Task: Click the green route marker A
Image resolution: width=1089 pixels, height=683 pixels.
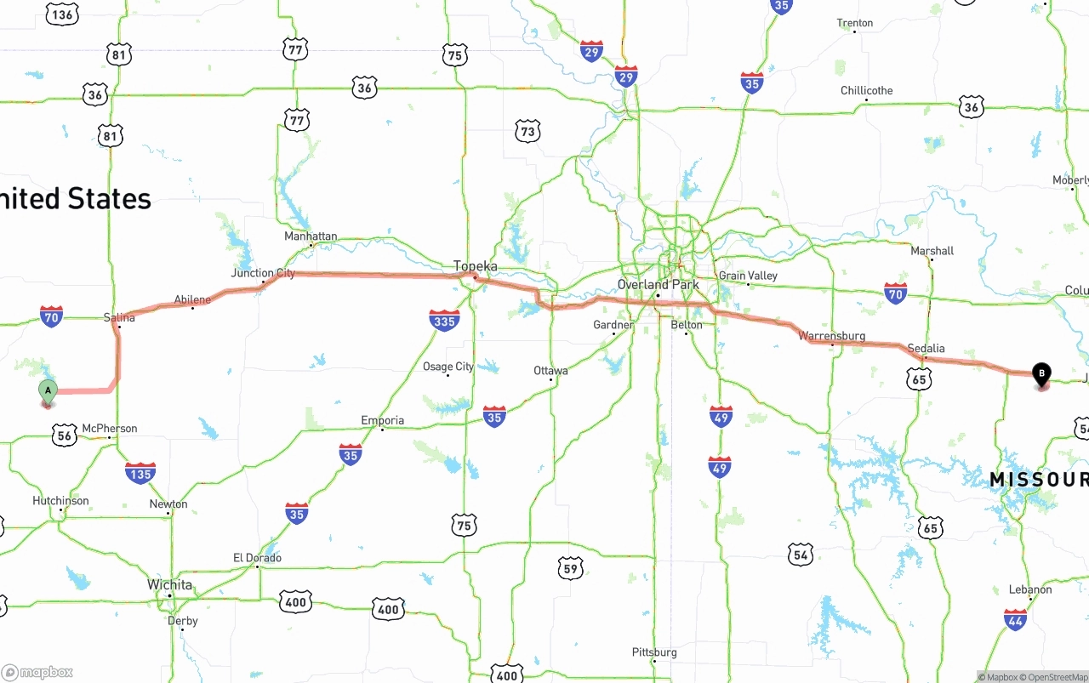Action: [x=48, y=392]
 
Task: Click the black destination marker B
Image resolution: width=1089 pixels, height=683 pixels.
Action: [x=1041, y=373]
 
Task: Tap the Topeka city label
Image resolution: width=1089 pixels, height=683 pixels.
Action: [x=475, y=266]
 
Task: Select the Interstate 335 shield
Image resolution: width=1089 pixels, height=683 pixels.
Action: [x=444, y=320]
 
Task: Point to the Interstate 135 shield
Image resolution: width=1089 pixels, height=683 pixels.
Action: [x=140, y=473]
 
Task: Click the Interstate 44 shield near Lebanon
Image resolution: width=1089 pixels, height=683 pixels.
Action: [x=1015, y=619]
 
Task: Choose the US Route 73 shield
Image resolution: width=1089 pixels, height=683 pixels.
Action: [x=527, y=130]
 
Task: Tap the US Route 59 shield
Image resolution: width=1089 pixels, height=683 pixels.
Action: [x=571, y=567]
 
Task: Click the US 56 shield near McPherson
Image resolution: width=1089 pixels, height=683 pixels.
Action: [x=64, y=435]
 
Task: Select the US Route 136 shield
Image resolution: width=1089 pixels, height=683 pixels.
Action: [x=62, y=14]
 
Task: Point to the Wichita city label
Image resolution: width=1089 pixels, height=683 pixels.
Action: [x=170, y=585]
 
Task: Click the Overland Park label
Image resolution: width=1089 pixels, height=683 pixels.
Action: [x=659, y=284]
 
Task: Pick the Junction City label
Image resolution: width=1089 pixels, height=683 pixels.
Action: [x=263, y=273]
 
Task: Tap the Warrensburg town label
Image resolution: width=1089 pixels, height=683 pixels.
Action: [x=832, y=336]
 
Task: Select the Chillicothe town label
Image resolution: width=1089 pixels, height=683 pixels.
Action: [x=867, y=90]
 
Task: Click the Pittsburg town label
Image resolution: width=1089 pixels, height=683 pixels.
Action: [x=654, y=652]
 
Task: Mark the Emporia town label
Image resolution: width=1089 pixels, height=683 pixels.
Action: [x=383, y=420]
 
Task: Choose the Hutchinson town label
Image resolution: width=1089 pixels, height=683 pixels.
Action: [x=60, y=501]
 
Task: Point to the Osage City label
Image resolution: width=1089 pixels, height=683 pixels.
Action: [x=448, y=367]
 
